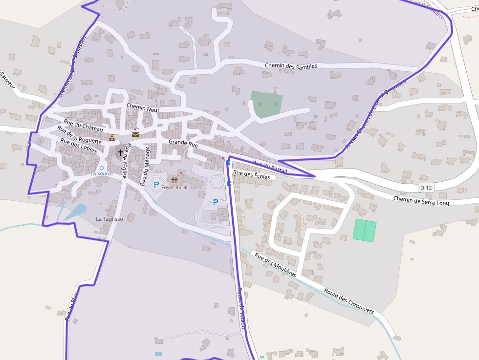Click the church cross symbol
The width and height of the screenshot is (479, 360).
pyautogui.click(x=120, y=152)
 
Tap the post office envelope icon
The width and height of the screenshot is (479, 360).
pyautogui.click(x=135, y=135)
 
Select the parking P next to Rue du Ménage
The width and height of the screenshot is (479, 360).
pyautogui.click(x=156, y=185)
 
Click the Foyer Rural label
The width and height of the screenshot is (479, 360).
pyautogui.click(x=174, y=188)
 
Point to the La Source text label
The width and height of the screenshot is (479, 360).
pyautogui.click(x=102, y=173)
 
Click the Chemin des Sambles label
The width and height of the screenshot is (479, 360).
pyautogui.click(x=291, y=66)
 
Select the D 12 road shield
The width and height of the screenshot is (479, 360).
pyautogui.click(x=426, y=188)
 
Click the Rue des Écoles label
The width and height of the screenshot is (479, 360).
pyautogui.click(x=252, y=175)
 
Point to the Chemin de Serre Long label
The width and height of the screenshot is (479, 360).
pyautogui.click(x=421, y=201)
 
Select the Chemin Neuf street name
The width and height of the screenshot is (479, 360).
pyautogui.click(x=143, y=109)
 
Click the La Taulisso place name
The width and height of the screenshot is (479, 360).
pyautogui.click(x=109, y=219)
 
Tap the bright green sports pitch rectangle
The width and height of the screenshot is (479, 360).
pyautogui.click(x=365, y=230)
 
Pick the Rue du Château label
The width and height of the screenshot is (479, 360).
pyautogui.click(x=84, y=125)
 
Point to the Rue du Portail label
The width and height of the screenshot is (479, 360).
pyautogui.click(x=270, y=166)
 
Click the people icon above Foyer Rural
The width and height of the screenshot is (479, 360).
pyautogui.click(x=174, y=180)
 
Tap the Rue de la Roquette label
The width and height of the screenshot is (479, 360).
pyautogui.click(x=79, y=135)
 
